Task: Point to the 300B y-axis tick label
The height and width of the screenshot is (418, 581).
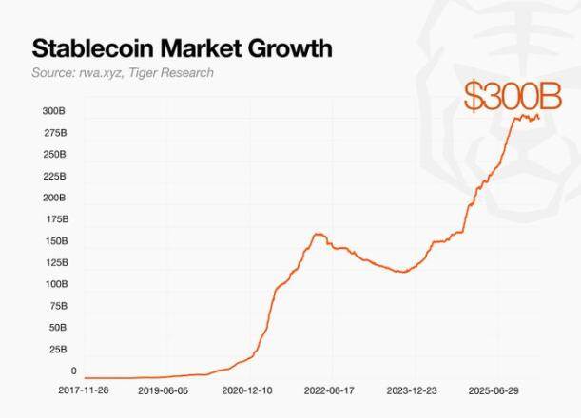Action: pos(54,111)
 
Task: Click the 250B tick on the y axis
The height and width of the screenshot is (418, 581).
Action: pos(54,154)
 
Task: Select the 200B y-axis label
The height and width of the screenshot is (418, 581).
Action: pos(54,198)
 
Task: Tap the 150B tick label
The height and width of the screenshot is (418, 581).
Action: pos(54,241)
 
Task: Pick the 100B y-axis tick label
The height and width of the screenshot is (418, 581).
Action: pos(54,284)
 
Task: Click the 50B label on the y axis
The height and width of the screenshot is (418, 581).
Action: pos(56,328)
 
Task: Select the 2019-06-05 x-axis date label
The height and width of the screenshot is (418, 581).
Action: pos(164,389)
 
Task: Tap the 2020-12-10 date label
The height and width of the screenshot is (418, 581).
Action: pos(247,389)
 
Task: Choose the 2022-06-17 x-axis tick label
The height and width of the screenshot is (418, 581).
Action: pos(330,389)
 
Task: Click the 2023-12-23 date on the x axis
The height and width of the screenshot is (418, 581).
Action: pos(412,389)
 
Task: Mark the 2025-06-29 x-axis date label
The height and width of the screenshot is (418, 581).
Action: pos(494,389)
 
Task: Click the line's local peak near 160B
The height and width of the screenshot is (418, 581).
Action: pos(319,234)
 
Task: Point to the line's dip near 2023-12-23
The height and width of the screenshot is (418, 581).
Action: pos(403,272)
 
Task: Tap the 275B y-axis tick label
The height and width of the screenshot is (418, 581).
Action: pos(54,133)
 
